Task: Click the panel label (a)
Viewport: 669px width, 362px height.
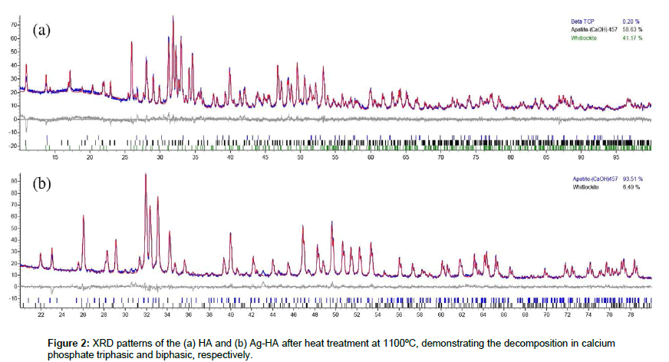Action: click(x=41, y=31)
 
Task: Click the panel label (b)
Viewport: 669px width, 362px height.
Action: click(x=41, y=186)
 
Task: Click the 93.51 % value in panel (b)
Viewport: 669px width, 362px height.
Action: click(x=632, y=178)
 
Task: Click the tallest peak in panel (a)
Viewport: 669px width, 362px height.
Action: click(x=173, y=17)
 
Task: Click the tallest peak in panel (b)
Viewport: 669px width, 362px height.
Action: click(x=146, y=175)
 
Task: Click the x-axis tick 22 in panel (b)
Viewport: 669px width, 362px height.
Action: click(x=41, y=314)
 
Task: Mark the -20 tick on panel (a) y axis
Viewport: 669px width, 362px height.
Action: click(x=13, y=145)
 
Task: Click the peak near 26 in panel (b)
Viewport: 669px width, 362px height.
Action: click(x=84, y=217)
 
